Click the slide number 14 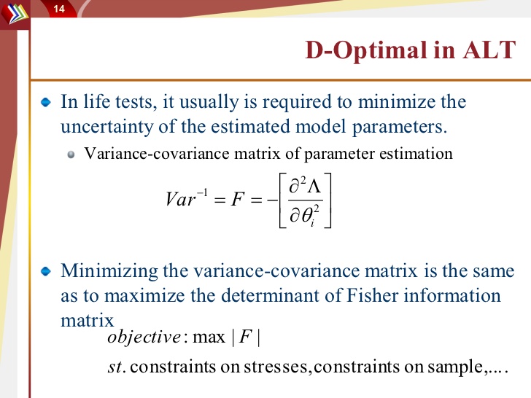click(59, 9)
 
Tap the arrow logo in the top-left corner click(15, 14)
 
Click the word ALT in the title click(489, 50)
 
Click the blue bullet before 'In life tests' click(46, 102)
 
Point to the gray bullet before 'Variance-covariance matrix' click(71, 155)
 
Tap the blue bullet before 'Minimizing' click(46, 271)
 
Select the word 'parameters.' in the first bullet click(400, 128)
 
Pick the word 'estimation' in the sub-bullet click(416, 154)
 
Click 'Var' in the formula click(180, 199)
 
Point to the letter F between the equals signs click(237, 199)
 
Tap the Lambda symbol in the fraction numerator click(314, 186)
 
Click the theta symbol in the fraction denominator click(307, 216)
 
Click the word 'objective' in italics click(144, 337)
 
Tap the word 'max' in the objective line click(209, 337)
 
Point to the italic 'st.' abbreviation click(117, 367)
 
